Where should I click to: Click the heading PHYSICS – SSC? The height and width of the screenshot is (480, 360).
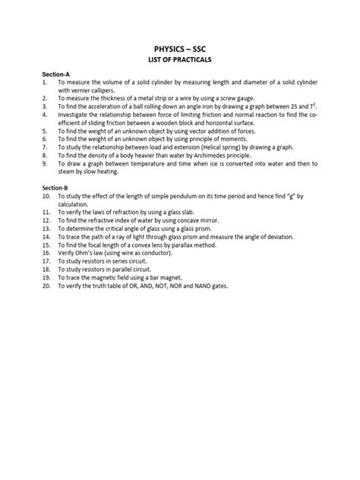click(x=180, y=48)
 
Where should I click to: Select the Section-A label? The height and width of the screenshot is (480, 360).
click(x=55, y=74)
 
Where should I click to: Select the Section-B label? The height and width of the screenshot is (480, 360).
click(x=55, y=187)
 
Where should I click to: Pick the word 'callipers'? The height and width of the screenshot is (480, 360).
click(x=89, y=90)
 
